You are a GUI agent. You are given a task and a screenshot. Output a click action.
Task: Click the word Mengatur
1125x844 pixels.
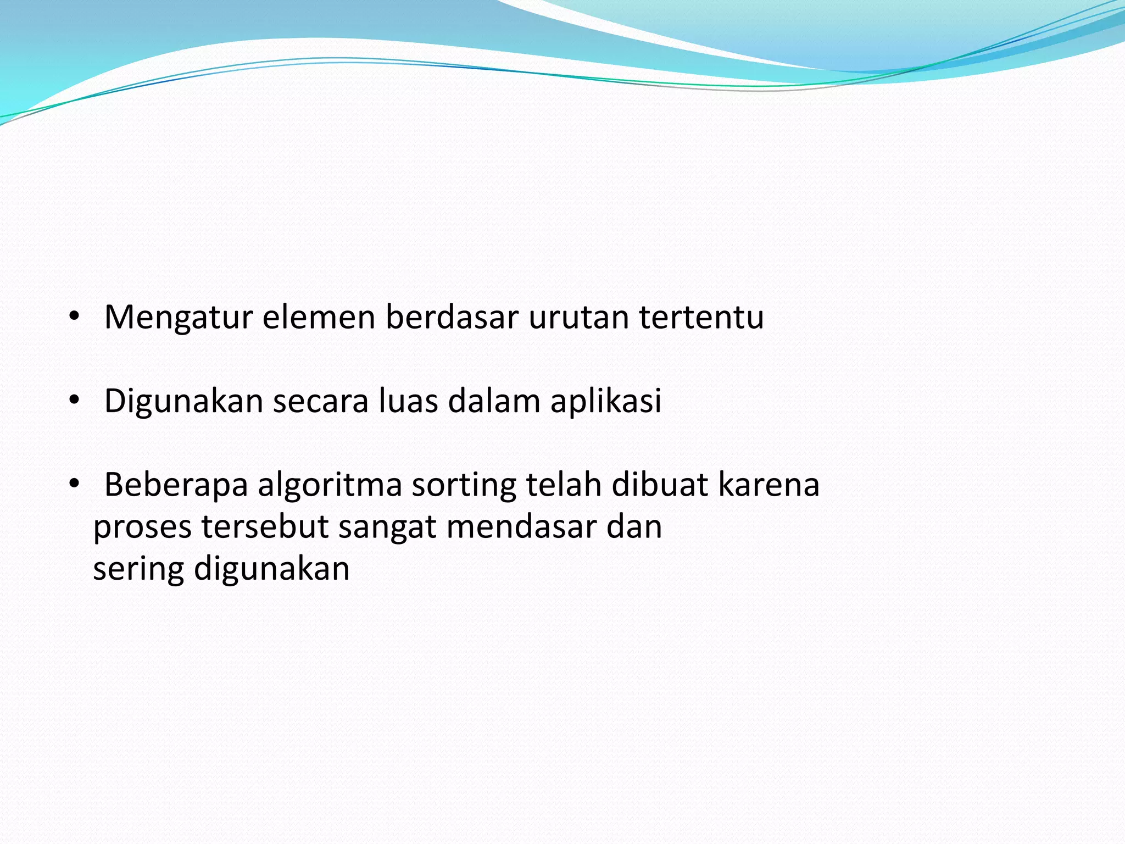179,318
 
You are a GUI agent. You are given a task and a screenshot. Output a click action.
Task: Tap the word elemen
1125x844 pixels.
319,318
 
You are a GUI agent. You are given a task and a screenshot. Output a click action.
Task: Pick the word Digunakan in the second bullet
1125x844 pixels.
183,402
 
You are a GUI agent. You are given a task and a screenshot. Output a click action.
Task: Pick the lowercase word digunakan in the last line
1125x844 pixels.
271,569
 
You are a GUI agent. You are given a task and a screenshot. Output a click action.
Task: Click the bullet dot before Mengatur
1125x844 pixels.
74,317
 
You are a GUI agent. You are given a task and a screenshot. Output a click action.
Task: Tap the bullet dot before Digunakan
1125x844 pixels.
74,401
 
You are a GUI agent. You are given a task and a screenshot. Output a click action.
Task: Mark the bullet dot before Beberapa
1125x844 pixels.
74,485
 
